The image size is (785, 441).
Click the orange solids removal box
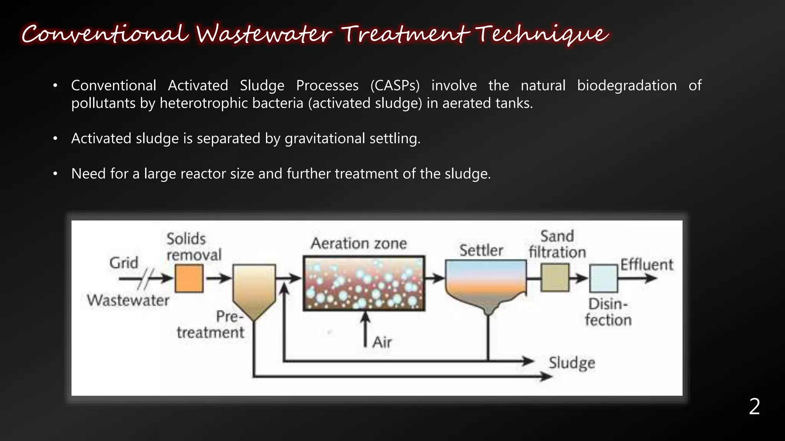[x=189, y=278]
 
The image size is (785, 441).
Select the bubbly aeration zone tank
[x=364, y=283]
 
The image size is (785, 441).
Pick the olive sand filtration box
[x=555, y=278]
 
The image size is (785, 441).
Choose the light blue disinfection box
[x=603, y=278]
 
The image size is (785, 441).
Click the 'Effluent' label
[x=647, y=265]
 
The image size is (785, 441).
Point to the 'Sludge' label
[x=572, y=363]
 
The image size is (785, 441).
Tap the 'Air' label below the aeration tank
[x=382, y=342]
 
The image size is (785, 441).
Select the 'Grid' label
[x=124, y=263]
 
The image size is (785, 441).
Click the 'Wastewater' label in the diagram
[x=128, y=300]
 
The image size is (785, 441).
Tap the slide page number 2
[x=754, y=407]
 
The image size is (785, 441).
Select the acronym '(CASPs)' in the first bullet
[x=395, y=85]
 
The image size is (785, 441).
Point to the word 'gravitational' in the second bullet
[x=325, y=138]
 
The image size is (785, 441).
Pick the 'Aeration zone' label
[x=358, y=243]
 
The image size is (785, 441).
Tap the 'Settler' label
[x=481, y=251]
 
